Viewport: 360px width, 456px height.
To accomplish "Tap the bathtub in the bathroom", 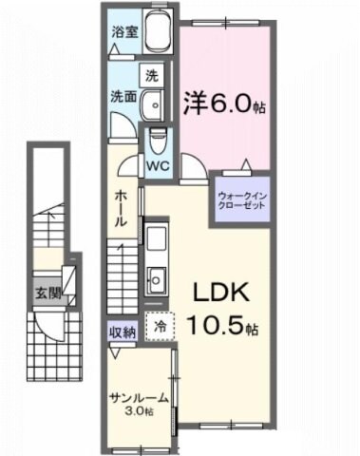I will click(x=156, y=37).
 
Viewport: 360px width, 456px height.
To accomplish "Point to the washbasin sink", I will click(x=152, y=104).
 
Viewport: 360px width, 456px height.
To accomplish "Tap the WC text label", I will click(x=159, y=164).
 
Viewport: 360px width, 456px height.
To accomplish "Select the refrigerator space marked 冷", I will click(x=161, y=325).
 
